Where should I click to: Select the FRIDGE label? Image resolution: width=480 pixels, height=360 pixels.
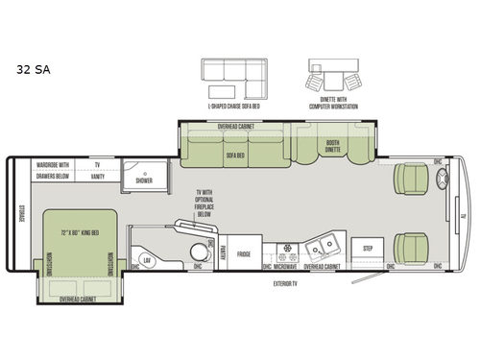point(244,255)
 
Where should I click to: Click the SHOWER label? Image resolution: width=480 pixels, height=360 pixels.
point(143,180)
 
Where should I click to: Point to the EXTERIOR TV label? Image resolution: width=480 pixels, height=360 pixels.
point(286,285)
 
